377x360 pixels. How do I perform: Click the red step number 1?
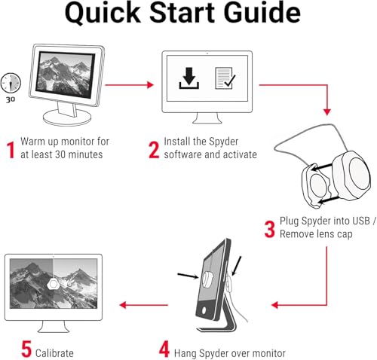pos(11,150)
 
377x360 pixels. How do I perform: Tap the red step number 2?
pos(154,150)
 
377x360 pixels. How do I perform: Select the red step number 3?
pos(270,229)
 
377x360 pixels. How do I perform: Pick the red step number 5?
pos(26,349)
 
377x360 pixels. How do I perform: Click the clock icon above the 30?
pos(11,83)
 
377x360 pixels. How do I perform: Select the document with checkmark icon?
pos(225,78)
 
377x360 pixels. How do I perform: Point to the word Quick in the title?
pos(103,13)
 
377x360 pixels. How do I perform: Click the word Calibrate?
pos(54,353)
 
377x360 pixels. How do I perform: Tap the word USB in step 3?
pos(361,221)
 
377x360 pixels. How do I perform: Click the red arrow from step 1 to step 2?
pos(129,85)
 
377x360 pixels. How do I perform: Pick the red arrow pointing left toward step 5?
pos(144,305)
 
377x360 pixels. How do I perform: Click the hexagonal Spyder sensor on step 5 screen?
pos(53,284)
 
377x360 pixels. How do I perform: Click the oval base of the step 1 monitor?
pos(67,117)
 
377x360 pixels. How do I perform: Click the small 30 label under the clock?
pos(11,99)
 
